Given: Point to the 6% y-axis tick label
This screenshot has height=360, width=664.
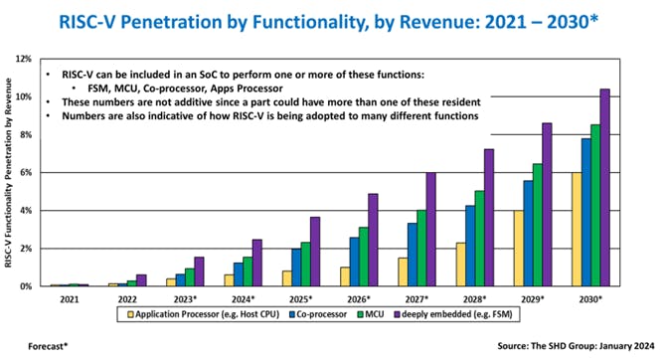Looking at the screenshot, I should pos(41,172).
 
